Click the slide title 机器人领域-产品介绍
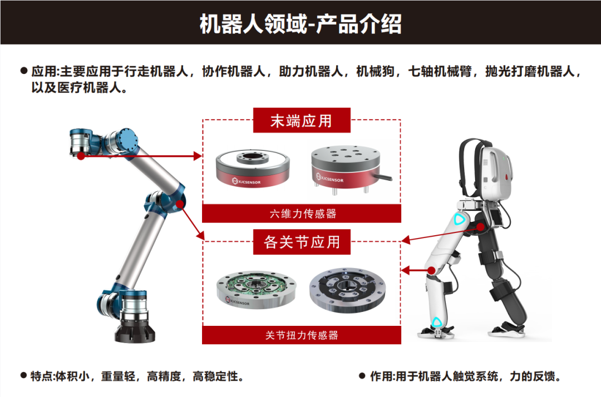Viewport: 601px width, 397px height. [x=300, y=24]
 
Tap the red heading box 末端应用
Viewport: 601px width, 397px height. [x=302, y=120]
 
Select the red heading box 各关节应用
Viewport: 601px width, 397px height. [x=302, y=241]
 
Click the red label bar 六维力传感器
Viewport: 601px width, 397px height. [x=302, y=214]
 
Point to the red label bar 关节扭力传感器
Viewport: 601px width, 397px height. [x=302, y=335]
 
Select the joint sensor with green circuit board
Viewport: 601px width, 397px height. [x=256, y=289]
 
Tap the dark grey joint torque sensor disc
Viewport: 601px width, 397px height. [x=347, y=290]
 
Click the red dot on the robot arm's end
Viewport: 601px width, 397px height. [x=81, y=156]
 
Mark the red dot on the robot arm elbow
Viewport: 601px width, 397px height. [x=180, y=204]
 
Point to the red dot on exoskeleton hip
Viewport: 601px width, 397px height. [x=481, y=227]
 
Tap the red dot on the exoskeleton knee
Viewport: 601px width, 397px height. [x=432, y=271]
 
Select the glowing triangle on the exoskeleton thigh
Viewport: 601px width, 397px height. [x=459, y=220]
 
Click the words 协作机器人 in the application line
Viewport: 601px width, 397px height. [x=233, y=71]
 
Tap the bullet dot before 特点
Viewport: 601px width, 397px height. [x=24, y=375]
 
